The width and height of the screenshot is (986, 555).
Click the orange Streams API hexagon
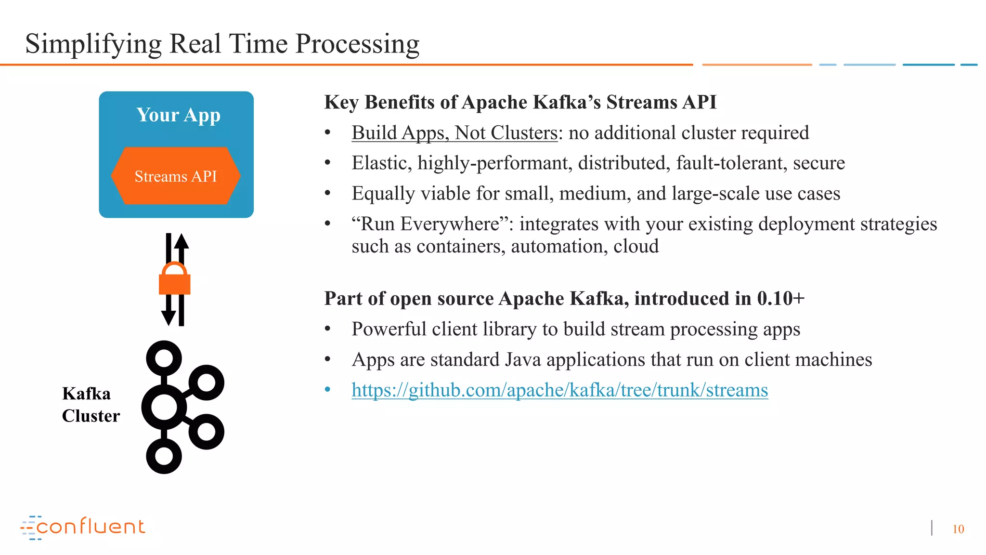(x=176, y=176)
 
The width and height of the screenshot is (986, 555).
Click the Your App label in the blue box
(x=178, y=115)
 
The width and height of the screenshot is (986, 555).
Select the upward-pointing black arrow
(x=182, y=246)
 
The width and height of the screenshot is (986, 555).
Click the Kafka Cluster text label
(x=91, y=405)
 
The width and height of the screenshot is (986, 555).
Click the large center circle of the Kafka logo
(x=164, y=407)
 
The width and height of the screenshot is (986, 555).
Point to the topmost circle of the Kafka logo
(x=164, y=358)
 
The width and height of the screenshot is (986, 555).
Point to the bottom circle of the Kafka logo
(x=164, y=456)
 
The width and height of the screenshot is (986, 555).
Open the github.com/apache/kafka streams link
(x=559, y=390)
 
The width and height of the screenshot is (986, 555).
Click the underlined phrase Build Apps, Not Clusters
(x=454, y=133)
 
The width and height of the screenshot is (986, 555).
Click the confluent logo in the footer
(x=83, y=527)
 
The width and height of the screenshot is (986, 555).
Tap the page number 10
(x=958, y=529)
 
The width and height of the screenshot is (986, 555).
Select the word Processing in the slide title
(x=357, y=44)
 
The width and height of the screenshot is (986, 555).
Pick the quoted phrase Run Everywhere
(x=430, y=224)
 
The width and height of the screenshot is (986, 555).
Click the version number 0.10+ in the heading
(x=780, y=299)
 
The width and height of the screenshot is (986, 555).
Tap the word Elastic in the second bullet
(x=381, y=163)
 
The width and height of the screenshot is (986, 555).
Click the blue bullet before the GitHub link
(x=328, y=389)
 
